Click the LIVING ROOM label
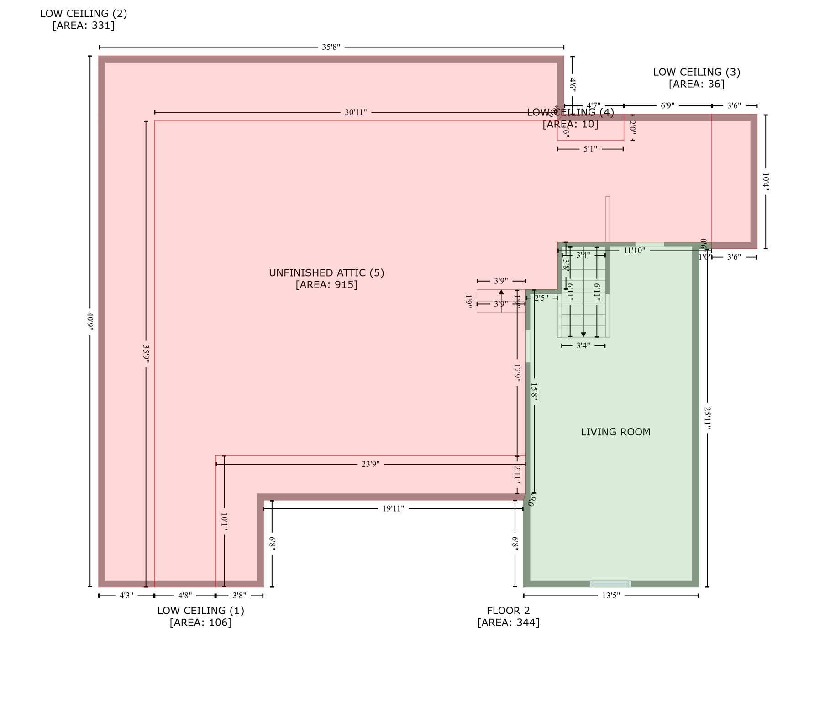pyautogui.click(x=615, y=432)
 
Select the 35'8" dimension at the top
pyautogui.click(x=331, y=47)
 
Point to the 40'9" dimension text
pyautogui.click(x=90, y=320)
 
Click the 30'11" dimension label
pyautogui.click(x=356, y=112)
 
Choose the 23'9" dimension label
pyautogui.click(x=370, y=464)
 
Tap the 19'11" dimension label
pyautogui.click(x=393, y=508)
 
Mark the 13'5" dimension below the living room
pyautogui.click(x=611, y=595)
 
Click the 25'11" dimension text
pyautogui.click(x=707, y=418)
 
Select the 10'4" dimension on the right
pyautogui.click(x=766, y=182)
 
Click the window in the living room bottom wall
pyautogui.click(x=610, y=584)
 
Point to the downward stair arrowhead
pyautogui.click(x=583, y=335)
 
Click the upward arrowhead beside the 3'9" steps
pyautogui.click(x=501, y=292)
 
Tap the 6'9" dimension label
pyautogui.click(x=667, y=106)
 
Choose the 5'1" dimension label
pyautogui.click(x=590, y=149)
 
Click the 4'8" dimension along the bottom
pyautogui.click(x=185, y=595)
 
